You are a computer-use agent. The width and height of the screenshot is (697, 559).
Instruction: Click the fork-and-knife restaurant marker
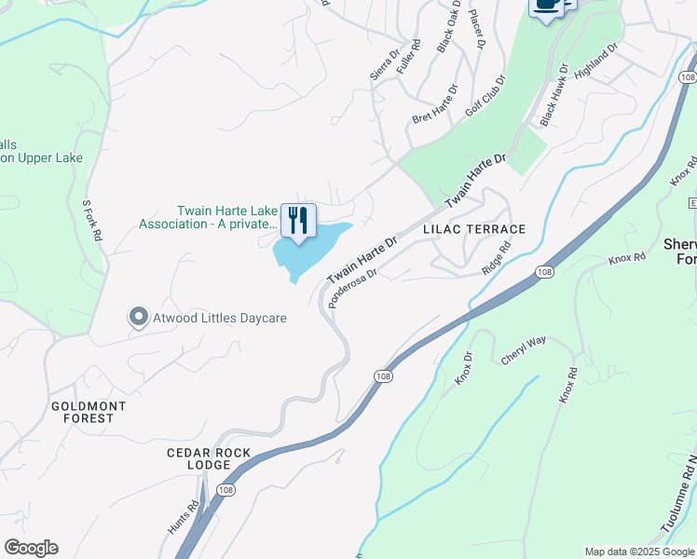298,220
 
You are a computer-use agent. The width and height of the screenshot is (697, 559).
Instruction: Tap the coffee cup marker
547,6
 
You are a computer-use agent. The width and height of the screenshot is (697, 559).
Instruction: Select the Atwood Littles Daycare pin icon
139,318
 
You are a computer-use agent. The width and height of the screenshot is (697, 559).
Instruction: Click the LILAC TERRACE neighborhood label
473,229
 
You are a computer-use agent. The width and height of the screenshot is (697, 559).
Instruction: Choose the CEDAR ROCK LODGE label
198,457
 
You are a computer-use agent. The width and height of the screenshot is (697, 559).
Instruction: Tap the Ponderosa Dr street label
352,288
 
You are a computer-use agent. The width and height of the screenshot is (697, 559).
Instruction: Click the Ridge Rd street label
498,258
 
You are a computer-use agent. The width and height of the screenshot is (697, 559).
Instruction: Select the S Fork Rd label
91,220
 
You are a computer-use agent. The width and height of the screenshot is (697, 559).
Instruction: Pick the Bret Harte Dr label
435,105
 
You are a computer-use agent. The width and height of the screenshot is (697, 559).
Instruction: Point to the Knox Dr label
463,368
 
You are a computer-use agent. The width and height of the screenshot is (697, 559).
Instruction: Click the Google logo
31,548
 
